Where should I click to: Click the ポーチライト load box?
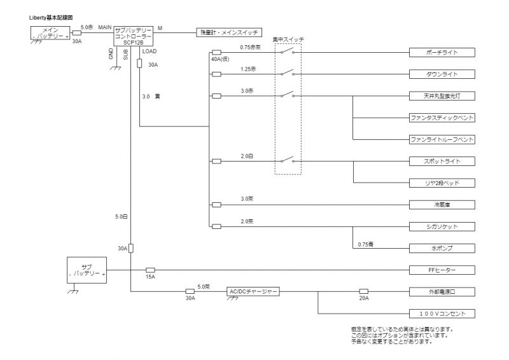(x=442, y=52)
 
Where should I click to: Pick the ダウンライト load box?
(x=442, y=74)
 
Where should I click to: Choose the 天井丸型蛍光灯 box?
(x=442, y=96)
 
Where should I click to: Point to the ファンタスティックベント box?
(x=442, y=118)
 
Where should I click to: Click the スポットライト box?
(x=442, y=162)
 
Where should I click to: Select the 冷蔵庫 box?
(x=442, y=205)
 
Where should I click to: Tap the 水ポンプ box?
(x=442, y=249)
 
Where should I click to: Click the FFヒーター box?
(x=442, y=270)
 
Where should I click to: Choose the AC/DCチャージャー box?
(x=253, y=291)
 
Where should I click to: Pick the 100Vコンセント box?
(x=442, y=314)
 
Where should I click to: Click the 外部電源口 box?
(x=442, y=291)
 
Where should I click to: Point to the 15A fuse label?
(x=151, y=277)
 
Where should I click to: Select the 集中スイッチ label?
(x=288, y=39)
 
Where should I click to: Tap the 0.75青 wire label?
(x=365, y=244)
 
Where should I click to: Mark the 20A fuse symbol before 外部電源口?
(x=364, y=291)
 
